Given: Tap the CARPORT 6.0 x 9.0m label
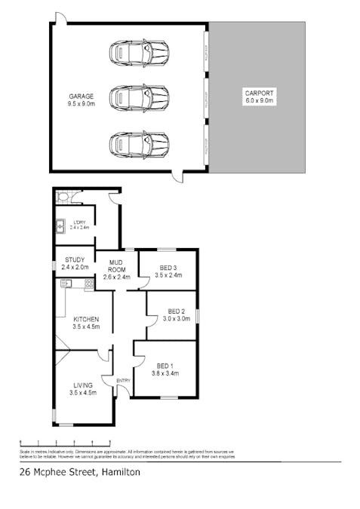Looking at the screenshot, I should coord(257,96).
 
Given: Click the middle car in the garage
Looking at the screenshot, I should coord(140,97).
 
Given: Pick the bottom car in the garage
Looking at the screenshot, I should coord(140,143).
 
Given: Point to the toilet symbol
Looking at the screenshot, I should coord(65,199).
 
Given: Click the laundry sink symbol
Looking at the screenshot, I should coord(60,225).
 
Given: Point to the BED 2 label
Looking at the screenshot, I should coord(177,314).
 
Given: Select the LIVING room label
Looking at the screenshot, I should coord(82,389).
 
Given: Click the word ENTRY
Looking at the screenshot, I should coord(123,381).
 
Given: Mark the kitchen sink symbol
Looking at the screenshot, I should coord(66,284).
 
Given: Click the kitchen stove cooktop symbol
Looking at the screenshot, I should coord(89,284).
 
